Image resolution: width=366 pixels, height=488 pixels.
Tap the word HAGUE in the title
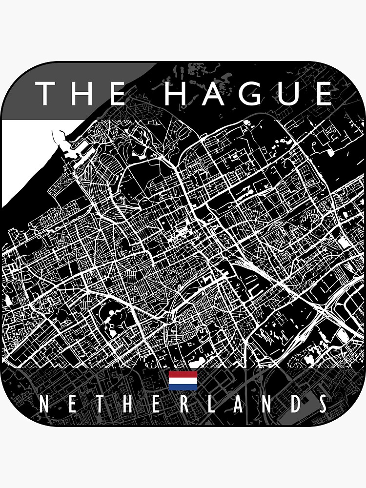(248, 94)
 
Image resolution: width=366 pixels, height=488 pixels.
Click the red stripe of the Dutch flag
(183, 374)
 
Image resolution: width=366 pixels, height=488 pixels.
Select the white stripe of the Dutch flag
(183, 381)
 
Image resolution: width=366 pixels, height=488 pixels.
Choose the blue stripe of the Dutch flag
(183, 387)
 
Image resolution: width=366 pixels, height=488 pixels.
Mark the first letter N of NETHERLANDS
(43, 405)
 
